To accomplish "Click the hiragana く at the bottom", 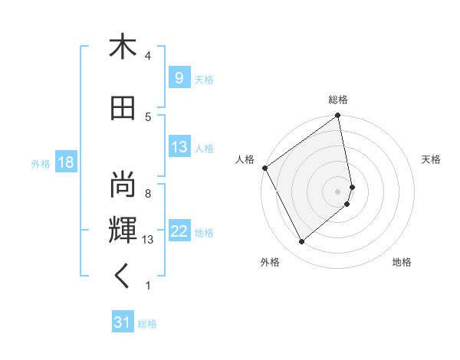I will pos(122,277).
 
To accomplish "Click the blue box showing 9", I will pos(179,78).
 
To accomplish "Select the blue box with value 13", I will pos(179,147).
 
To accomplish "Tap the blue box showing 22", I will pos(179,231).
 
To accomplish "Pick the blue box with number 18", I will pos(65,162).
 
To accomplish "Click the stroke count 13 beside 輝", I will pos(147,240).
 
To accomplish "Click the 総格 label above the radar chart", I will pos(338,100).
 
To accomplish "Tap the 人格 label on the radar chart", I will pos(245,159).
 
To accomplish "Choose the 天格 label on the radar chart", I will pos(431,159).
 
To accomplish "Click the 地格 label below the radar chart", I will pos(402,262).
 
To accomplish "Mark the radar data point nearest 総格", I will pos(338,116).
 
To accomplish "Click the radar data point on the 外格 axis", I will pos(301,242).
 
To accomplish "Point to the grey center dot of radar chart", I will pos(338,191).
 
